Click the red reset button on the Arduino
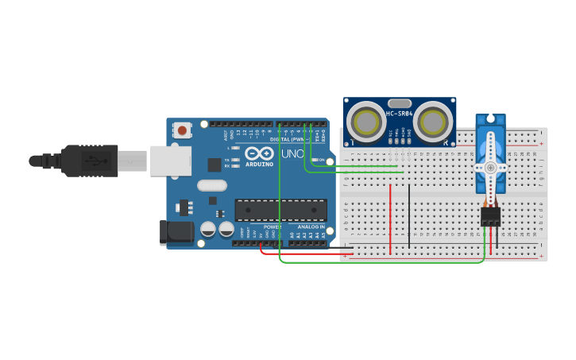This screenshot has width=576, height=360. pyautogui.click(x=183, y=130)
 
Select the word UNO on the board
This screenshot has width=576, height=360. pyautogui.click(x=292, y=153)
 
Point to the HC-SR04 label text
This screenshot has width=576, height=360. pyautogui.click(x=400, y=114)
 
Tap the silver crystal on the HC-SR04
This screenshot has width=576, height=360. pyautogui.click(x=400, y=103)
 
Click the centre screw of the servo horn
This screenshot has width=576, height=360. pyautogui.click(x=490, y=168)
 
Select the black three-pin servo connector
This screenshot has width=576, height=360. pyautogui.click(x=490, y=216)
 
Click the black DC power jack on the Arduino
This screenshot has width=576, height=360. pyautogui.click(x=176, y=232)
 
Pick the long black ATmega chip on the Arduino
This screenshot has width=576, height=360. pyautogui.click(x=280, y=210)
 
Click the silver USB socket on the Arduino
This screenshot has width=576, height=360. pyautogui.click(x=170, y=161)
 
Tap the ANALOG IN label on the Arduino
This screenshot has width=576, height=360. pyautogui.click(x=311, y=226)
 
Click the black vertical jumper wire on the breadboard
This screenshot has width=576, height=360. pyautogui.click(x=409, y=216)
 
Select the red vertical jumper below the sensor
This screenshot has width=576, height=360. pyautogui.click(x=390, y=219)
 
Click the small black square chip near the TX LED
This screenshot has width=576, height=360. pyautogui.click(x=214, y=165)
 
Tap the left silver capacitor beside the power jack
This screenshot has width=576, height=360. pyautogui.click(x=208, y=229)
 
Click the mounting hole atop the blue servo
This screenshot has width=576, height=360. pyautogui.click(x=490, y=120)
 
